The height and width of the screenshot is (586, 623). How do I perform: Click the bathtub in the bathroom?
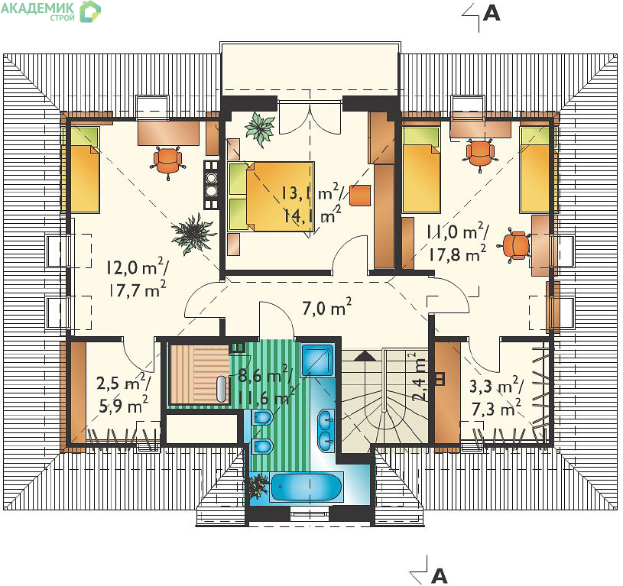point(307,487)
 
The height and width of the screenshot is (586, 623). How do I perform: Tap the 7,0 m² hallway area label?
point(326,307)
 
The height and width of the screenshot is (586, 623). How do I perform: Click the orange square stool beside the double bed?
point(360,195)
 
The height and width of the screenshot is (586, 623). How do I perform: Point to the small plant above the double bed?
point(260,128)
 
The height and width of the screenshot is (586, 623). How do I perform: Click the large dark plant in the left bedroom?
point(193,234)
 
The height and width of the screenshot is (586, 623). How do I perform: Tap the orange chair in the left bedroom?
point(168,160)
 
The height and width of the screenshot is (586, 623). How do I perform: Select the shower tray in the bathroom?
point(316,360)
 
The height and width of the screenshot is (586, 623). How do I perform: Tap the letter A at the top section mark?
point(492,14)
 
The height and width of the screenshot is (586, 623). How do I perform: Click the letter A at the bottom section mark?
point(439,575)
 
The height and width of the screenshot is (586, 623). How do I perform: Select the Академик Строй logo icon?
point(91,11)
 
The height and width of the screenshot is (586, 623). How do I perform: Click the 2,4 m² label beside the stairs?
point(419,376)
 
